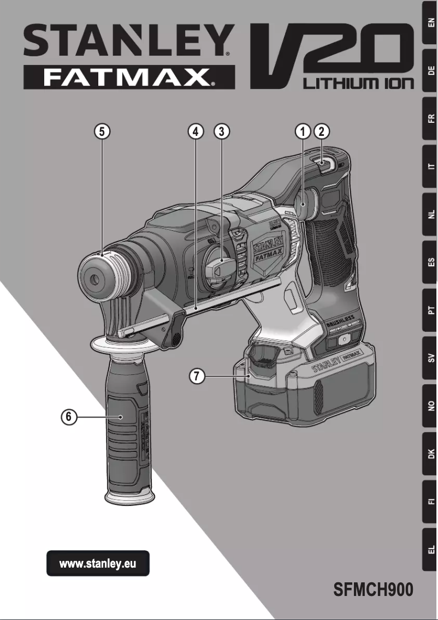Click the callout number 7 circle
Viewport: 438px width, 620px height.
pyautogui.click(x=197, y=376)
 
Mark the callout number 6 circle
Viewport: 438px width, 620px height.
pyautogui.click(x=68, y=417)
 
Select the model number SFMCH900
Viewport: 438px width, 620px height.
pyautogui.click(x=373, y=590)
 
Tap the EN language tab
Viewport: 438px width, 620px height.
pyautogui.click(x=430, y=22)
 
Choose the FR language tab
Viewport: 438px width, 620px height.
pyautogui.click(x=430, y=118)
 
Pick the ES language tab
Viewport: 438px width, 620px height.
pyautogui.click(x=430, y=263)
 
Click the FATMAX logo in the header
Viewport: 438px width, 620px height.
pyautogui.click(x=129, y=77)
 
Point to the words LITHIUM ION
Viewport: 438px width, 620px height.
pyautogui.click(x=358, y=84)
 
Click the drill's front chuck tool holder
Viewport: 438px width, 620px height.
pyautogui.click(x=98, y=276)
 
